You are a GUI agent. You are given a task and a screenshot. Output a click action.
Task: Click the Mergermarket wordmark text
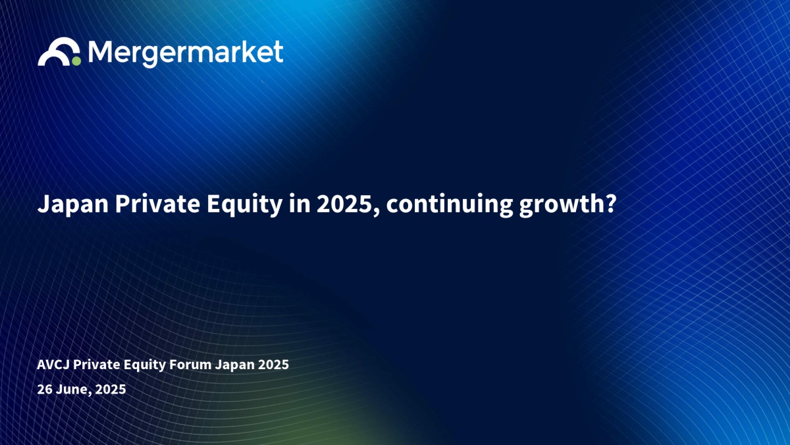click(x=186, y=53)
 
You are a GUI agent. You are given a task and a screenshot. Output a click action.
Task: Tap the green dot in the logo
click(x=76, y=61)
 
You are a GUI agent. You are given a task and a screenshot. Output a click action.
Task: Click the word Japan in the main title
click(x=73, y=204)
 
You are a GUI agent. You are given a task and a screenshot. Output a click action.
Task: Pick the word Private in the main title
click(x=157, y=204)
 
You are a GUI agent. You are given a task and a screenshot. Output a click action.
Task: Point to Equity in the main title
click(x=244, y=204)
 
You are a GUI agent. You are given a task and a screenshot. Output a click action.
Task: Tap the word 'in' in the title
click(x=300, y=204)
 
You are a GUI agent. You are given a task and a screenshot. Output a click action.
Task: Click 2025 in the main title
click(x=345, y=204)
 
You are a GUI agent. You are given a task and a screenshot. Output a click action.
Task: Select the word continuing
click(x=450, y=205)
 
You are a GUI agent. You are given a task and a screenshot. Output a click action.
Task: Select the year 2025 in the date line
click(x=111, y=389)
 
